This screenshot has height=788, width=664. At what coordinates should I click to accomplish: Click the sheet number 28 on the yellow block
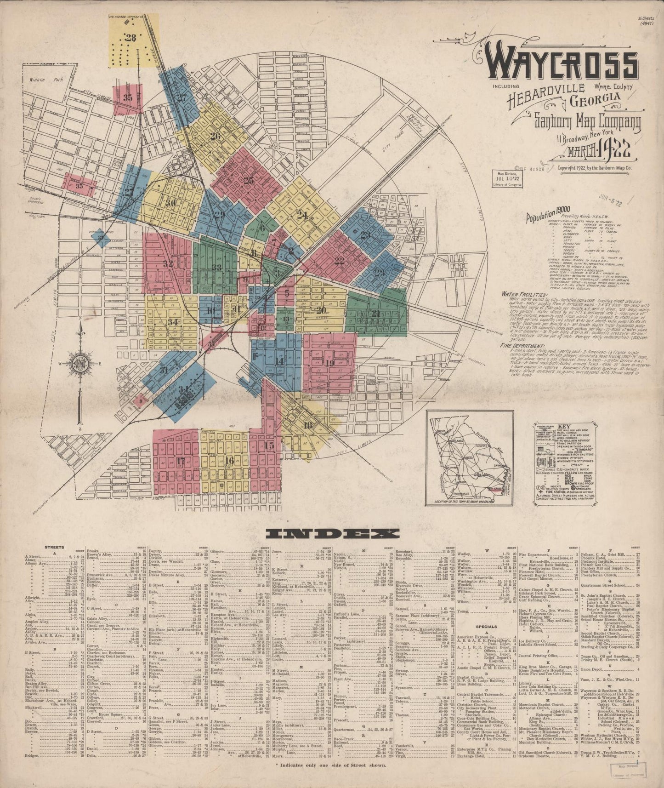131,38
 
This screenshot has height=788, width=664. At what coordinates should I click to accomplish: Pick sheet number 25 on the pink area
249,181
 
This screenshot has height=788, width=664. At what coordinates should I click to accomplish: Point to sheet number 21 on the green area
375,314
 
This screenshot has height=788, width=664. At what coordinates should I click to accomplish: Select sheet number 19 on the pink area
329,363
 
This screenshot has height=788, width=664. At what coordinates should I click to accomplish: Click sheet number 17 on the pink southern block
180,461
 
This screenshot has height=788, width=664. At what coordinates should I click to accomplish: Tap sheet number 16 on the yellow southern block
229,460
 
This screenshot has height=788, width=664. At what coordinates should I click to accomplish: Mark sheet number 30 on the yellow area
171,203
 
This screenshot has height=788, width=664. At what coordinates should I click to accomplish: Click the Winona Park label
51,80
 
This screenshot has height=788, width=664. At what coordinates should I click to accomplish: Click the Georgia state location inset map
470,458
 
